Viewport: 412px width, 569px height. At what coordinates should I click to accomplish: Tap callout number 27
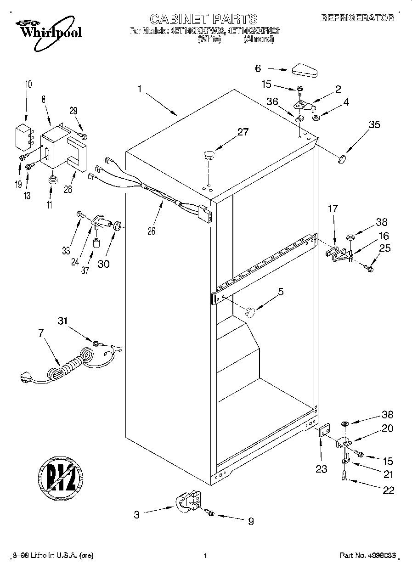pyautogui.click(x=242, y=132)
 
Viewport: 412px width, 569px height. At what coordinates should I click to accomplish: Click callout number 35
pyautogui.click(x=374, y=124)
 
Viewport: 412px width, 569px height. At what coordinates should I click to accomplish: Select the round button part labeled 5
pyautogui.click(x=250, y=312)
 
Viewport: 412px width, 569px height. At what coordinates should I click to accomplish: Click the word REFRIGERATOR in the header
pyautogui.click(x=357, y=18)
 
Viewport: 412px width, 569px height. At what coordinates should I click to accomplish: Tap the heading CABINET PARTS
pyautogui.click(x=203, y=19)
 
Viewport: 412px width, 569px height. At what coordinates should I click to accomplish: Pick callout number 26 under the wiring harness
pyautogui.click(x=151, y=231)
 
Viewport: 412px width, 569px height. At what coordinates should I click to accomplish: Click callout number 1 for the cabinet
pyautogui.click(x=140, y=89)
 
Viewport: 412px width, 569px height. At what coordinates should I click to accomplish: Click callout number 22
pyautogui.click(x=389, y=490)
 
